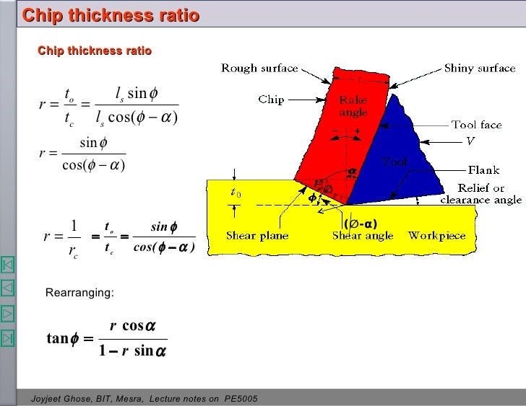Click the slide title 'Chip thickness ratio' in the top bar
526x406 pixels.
(111, 15)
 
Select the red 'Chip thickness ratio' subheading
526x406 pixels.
(95, 50)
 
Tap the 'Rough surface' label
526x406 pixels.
(259, 69)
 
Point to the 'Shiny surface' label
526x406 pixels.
(480, 69)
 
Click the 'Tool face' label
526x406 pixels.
(477, 125)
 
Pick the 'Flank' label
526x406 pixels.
(483, 170)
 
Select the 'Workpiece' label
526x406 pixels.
(437, 236)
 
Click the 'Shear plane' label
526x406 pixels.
(257, 236)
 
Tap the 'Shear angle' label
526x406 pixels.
(363, 236)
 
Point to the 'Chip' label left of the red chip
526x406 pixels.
(272, 100)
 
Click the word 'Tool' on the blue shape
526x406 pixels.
(394, 162)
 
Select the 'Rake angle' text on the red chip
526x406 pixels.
(353, 107)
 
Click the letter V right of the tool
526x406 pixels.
(470, 141)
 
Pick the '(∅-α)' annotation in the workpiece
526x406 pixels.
(361, 223)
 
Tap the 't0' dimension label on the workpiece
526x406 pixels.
(236, 193)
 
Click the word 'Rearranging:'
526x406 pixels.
(79, 293)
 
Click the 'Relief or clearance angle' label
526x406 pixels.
(481, 193)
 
